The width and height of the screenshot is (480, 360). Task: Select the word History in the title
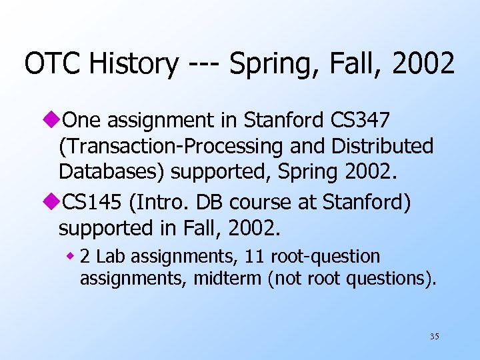[x=133, y=64]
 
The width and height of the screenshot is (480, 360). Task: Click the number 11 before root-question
[x=253, y=256]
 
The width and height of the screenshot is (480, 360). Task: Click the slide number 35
[x=434, y=337]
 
